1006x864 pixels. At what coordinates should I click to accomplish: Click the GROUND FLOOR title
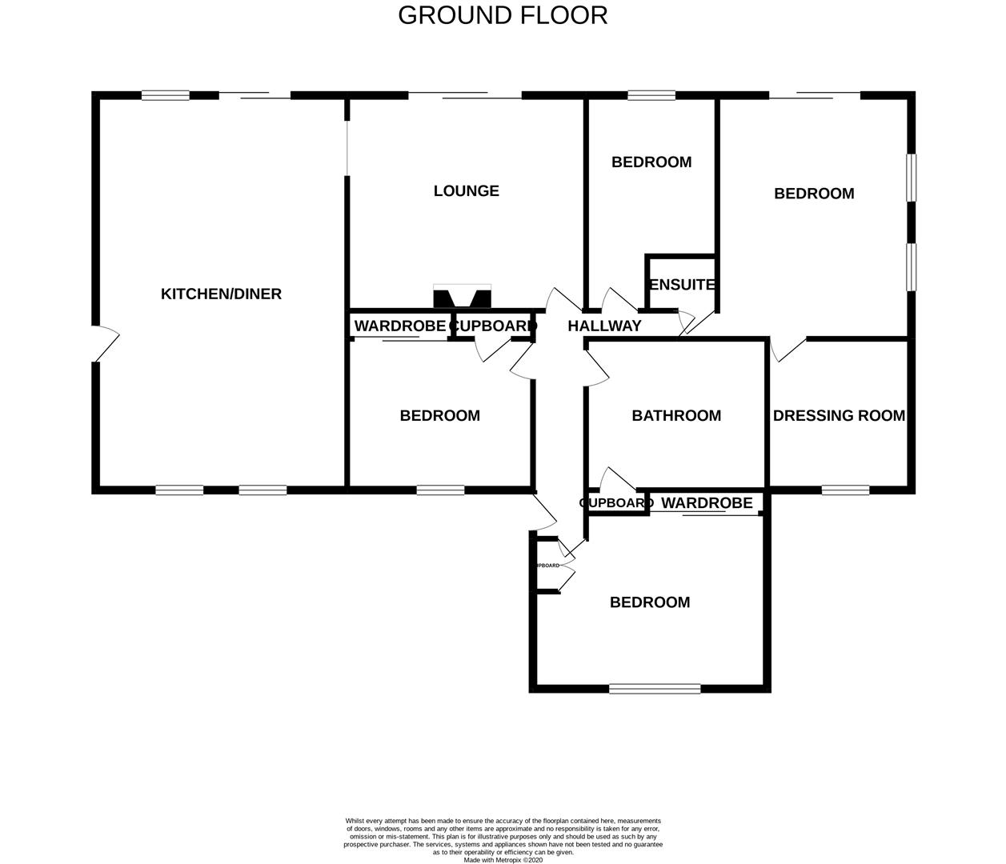point(503,15)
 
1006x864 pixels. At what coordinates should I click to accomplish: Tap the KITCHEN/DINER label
point(221,294)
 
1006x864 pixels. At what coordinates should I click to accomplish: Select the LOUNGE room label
point(466,190)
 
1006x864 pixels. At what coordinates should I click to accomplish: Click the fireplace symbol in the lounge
point(462,297)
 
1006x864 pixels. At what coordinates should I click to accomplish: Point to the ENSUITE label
point(681,285)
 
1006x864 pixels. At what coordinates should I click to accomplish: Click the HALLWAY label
point(604,326)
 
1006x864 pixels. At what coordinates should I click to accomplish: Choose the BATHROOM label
point(676,415)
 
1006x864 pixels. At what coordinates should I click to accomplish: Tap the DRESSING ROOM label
point(839,415)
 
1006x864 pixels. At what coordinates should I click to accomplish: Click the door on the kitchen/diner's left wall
point(104,344)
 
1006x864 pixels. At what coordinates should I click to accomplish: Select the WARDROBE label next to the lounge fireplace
point(399,326)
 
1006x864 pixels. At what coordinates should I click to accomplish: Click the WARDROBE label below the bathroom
point(707,502)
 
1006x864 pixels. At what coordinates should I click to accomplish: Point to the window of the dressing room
point(845,490)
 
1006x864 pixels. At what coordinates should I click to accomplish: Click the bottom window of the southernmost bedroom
point(655,688)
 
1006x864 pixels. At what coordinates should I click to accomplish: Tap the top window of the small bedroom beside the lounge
point(651,96)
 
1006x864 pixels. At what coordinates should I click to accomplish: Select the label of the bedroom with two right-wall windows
point(814,194)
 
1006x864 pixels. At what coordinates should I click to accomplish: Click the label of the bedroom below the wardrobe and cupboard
point(439,415)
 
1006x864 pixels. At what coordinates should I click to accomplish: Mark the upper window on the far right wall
point(911,178)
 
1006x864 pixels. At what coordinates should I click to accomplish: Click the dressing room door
point(788,350)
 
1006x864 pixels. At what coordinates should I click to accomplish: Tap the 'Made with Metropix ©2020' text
point(503,860)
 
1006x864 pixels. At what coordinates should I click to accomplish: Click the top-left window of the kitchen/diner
point(166,96)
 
